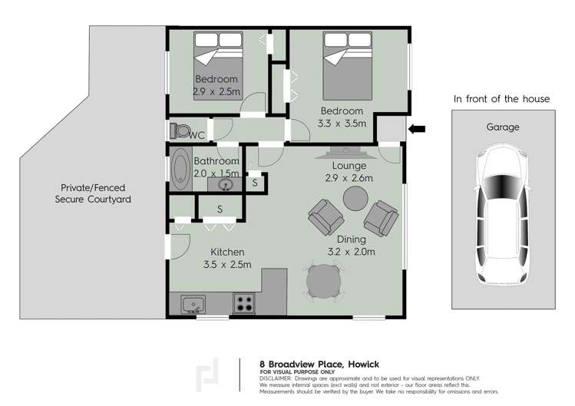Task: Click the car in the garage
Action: (x=503, y=216)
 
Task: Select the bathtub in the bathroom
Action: (x=181, y=170)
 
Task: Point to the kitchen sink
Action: (x=193, y=304)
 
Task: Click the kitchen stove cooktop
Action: (x=244, y=303)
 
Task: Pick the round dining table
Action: (x=322, y=282)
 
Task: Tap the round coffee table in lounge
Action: (x=355, y=198)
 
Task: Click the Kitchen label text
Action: (x=228, y=252)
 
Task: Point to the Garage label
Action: (x=503, y=127)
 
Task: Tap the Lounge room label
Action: (x=349, y=166)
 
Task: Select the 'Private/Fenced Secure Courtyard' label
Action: (x=94, y=193)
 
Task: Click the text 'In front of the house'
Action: (x=501, y=99)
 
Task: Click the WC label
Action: (x=197, y=136)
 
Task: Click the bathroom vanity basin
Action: (x=226, y=185)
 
